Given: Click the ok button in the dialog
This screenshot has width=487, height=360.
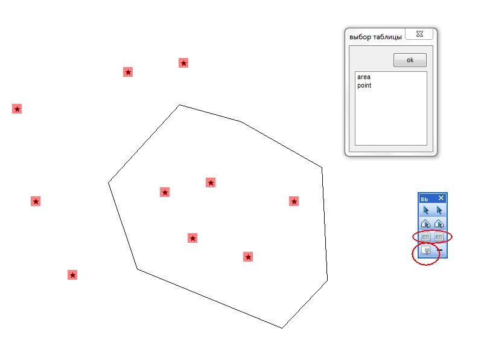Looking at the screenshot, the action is tap(410, 60).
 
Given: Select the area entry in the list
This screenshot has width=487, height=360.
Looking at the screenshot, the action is tap(364, 77).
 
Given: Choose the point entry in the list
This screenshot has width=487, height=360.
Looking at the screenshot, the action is tap(364, 86).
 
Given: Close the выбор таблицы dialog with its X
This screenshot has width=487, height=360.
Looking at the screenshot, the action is tap(419, 34).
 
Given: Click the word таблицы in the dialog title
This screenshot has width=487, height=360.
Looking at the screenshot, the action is tap(387, 37).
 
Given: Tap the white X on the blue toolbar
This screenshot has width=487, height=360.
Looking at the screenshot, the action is tap(441, 198).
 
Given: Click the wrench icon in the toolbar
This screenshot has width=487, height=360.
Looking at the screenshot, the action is tap(426, 250).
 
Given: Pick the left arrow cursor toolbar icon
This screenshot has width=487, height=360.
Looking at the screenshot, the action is tap(426, 210).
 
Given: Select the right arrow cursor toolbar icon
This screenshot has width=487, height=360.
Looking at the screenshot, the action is tap(439, 210).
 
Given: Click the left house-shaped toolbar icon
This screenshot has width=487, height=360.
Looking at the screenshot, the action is tap(425, 223).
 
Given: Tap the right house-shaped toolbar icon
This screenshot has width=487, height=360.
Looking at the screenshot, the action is tap(439, 223).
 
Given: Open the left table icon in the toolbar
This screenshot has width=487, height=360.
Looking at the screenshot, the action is tap(425, 237).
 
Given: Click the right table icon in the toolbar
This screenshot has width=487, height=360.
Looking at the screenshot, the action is tap(439, 237).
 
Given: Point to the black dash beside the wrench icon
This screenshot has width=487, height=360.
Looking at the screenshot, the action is tap(439, 250).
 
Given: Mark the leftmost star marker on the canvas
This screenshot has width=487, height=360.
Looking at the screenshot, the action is tap(17, 109).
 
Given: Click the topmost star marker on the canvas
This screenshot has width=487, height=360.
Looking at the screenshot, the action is tap(183, 63).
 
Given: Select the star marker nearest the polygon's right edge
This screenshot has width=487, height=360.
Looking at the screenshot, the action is tap(294, 201).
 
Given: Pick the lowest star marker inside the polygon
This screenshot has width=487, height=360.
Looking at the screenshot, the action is tap(248, 257).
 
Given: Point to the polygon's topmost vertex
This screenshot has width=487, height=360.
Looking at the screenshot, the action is tap(179, 104).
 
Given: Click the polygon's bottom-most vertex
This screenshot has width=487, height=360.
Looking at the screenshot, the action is tap(282, 328).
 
